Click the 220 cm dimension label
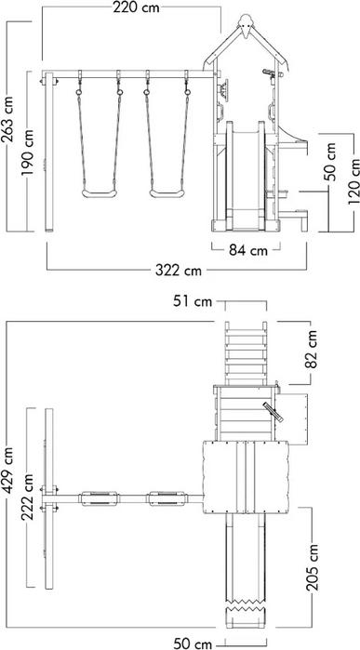[x=136, y=7]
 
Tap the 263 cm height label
[x=7, y=119]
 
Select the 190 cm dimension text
[x=29, y=152]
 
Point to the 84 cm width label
[x=248, y=250]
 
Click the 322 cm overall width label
[x=179, y=271]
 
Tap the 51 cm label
[x=193, y=301]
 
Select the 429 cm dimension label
[x=7, y=471]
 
